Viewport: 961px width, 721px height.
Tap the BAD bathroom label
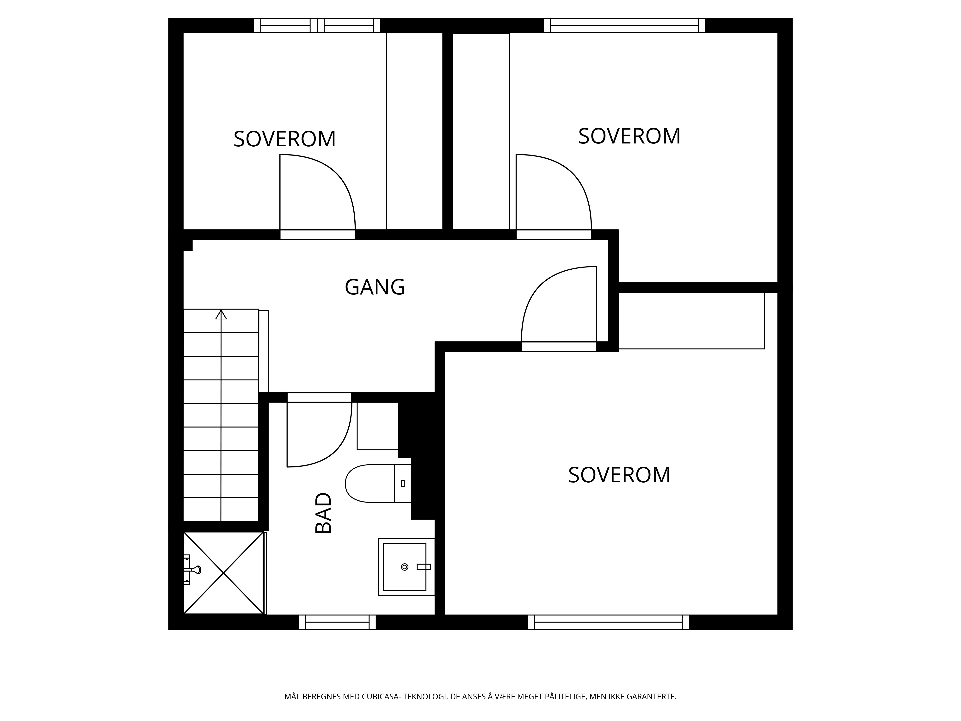323,513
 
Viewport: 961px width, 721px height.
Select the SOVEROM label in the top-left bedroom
284,139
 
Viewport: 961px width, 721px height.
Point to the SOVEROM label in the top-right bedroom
629,136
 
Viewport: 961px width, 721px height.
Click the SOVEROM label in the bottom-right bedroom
619,475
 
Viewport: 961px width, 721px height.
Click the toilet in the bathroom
378,483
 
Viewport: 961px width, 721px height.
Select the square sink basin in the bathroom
406,567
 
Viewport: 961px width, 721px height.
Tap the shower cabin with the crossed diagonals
224,573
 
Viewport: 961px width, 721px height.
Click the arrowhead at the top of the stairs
221,314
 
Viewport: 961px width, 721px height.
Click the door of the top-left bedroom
317,196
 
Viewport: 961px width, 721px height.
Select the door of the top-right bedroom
554,196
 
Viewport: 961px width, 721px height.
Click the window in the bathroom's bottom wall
337,622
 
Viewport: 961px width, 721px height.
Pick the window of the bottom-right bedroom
608,622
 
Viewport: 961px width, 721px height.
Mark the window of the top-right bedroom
624,25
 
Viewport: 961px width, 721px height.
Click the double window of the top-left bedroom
317,25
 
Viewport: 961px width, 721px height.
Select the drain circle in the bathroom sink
405,567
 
